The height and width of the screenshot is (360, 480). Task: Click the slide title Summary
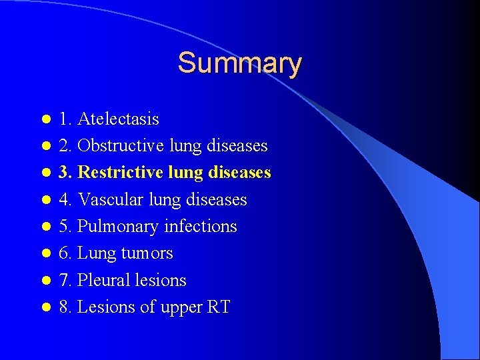239,63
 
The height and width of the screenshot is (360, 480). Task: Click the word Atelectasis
118,119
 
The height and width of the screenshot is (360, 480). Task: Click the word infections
201,227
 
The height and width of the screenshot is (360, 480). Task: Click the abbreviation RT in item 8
219,307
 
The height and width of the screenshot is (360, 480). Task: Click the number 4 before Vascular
63,200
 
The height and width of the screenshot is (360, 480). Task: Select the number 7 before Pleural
63,280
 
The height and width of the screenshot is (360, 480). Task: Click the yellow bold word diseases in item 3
243,173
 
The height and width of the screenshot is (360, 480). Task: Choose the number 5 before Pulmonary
63,227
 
